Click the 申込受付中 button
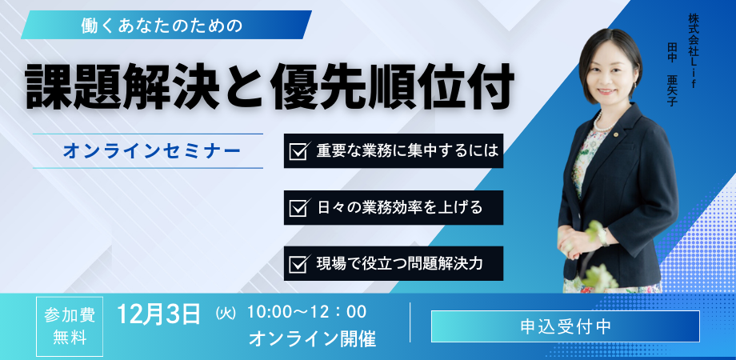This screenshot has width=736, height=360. pyautogui.click(x=565, y=326)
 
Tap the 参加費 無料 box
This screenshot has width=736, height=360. pyautogui.click(x=70, y=326)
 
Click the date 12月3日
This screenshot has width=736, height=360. pyautogui.click(x=158, y=313)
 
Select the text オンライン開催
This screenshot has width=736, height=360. pyautogui.click(x=312, y=338)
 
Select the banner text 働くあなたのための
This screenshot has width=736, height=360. pyautogui.click(x=162, y=25)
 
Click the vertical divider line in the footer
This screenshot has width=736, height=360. pyautogui.click(x=410, y=323)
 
